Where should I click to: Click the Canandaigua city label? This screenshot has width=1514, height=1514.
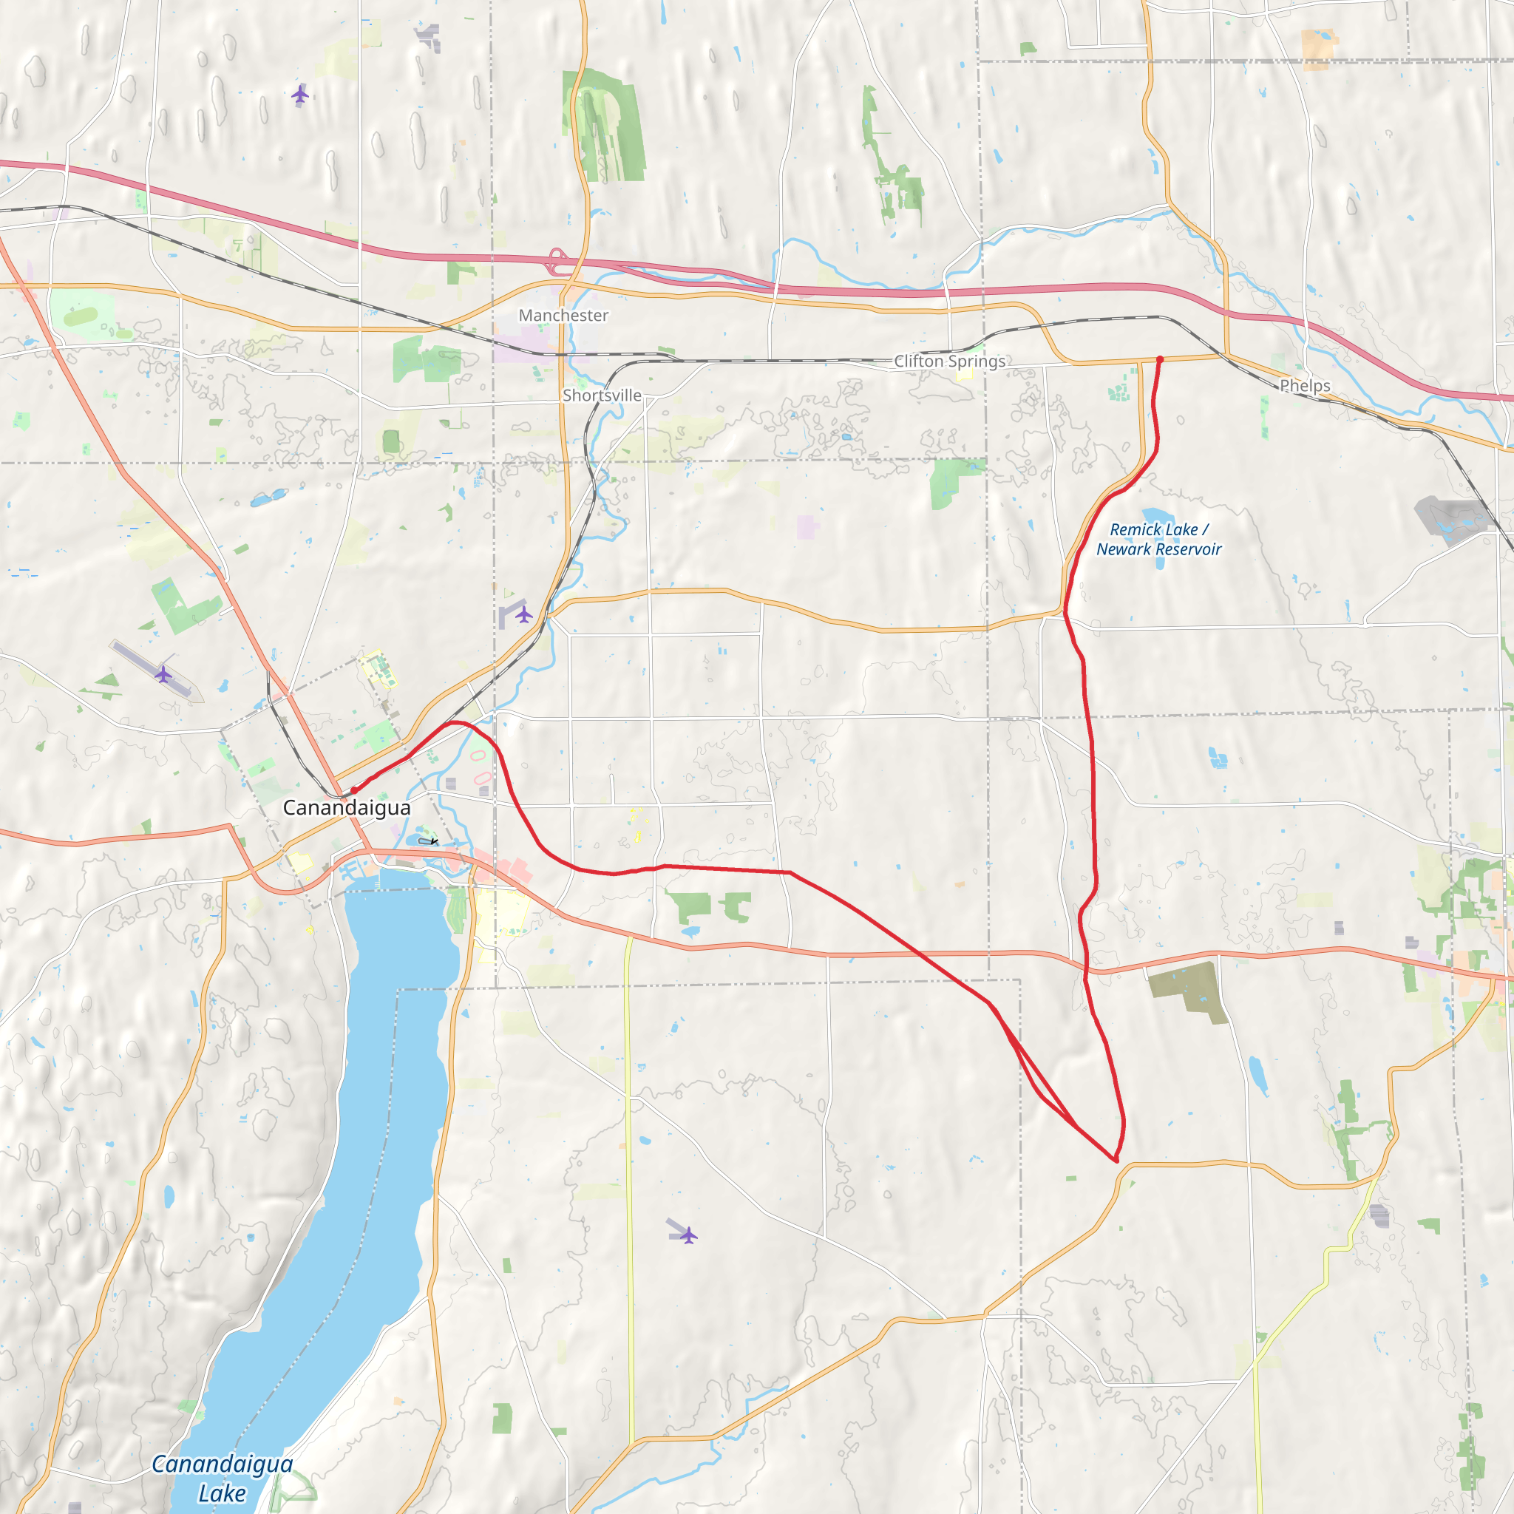347,807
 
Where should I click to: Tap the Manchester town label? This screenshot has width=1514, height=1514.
563,315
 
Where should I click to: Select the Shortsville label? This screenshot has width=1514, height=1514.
602,395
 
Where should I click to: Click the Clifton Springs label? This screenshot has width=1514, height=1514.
950,361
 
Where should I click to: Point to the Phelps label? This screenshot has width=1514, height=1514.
1305,386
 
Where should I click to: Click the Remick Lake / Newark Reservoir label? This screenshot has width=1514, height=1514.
1158,539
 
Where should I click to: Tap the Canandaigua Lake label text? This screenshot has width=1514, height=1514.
222,1478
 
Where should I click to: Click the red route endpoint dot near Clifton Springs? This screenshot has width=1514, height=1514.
1160,360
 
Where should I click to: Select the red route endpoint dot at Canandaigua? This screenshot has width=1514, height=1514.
353,790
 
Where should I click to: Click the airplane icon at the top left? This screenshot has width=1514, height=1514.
300,95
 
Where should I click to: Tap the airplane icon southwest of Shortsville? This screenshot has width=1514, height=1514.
524,614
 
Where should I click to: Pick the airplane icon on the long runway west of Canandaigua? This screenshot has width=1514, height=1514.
163,674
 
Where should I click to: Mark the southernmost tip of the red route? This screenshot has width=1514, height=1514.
1115,1161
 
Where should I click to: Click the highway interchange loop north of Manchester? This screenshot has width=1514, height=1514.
557,261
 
